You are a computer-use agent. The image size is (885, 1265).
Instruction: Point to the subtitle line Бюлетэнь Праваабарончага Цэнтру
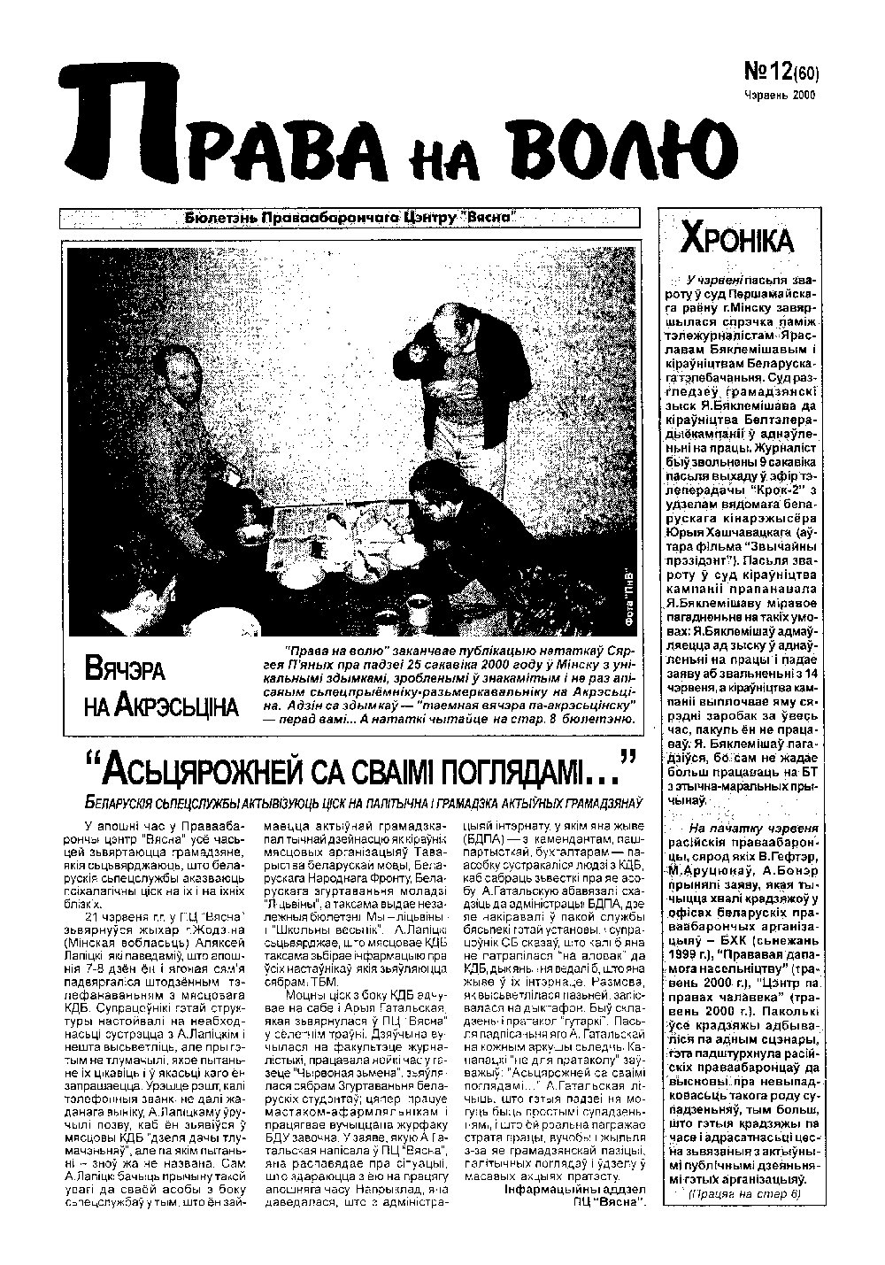[350, 219]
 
